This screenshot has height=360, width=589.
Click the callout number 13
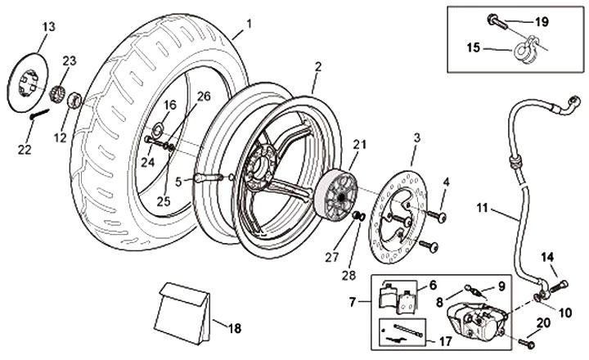click(x=48, y=27)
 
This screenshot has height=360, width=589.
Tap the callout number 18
click(x=235, y=328)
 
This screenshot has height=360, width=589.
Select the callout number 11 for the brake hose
click(x=482, y=208)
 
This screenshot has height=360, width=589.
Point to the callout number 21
click(x=359, y=144)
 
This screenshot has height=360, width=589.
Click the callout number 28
click(x=348, y=276)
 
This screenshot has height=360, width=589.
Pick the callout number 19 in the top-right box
click(x=542, y=22)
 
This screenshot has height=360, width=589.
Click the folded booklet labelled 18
click(x=184, y=313)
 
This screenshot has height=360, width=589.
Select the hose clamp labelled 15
click(x=526, y=51)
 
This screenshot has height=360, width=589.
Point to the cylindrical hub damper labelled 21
click(x=336, y=194)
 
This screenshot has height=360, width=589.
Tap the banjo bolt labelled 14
click(x=559, y=286)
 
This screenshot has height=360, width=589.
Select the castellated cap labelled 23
click(x=57, y=92)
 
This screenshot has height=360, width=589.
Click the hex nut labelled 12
click(x=74, y=101)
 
